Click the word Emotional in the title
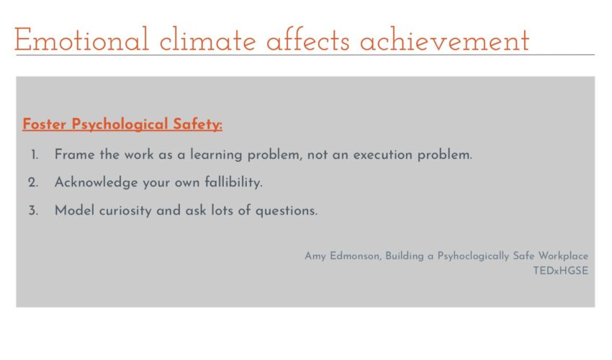point(81,40)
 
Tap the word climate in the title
point(207,40)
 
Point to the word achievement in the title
point(444,40)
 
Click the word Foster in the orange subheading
point(44,124)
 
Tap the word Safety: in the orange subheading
point(197,125)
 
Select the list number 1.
point(35,155)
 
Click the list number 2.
point(33,182)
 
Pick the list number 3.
point(33,210)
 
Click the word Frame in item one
point(75,154)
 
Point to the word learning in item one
point(216,155)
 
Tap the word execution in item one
point(383,155)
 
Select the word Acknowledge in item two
point(96,182)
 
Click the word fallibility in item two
point(233,182)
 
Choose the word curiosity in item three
point(125,210)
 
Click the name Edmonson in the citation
point(355,256)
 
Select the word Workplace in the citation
point(563,256)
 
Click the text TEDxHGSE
point(560,271)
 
